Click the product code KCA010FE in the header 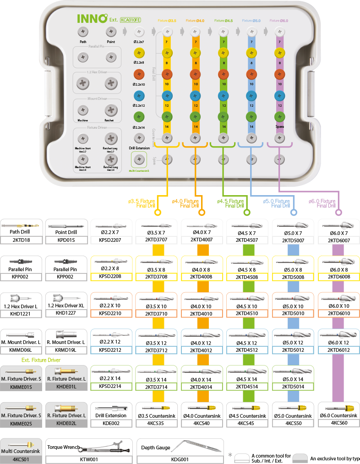(131, 20)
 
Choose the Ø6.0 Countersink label (338, 415)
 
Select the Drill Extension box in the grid (110, 415)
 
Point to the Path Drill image (22, 225)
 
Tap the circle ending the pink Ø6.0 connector (338, 213)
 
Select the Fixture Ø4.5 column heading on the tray (223, 21)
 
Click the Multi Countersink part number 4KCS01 (22, 459)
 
